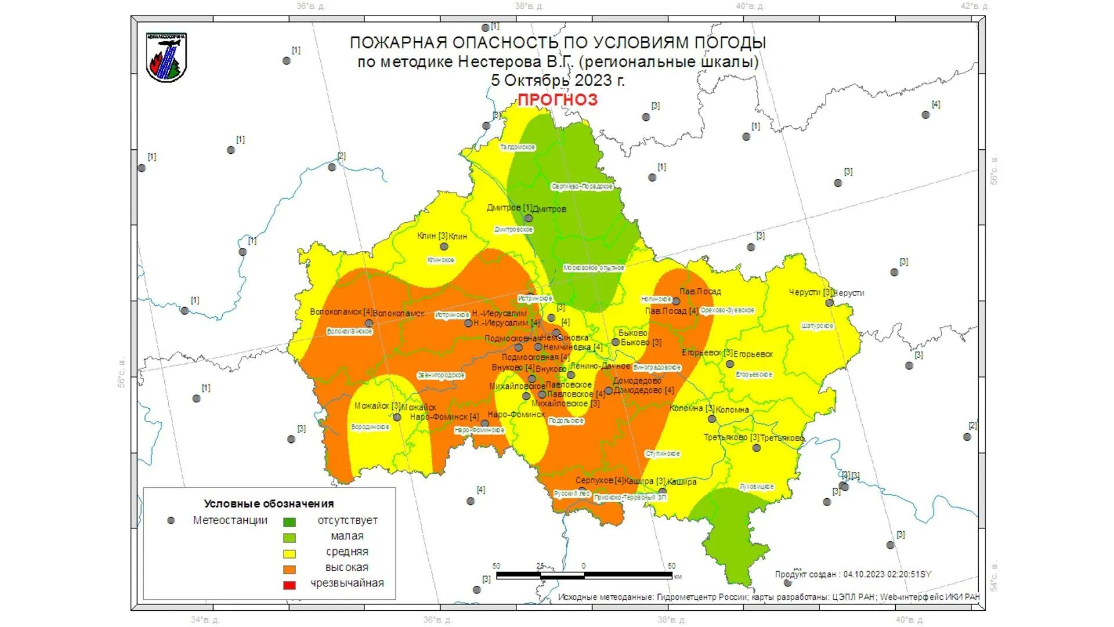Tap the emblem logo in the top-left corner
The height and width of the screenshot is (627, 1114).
coord(167,57)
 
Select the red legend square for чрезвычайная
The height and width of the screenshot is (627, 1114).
coord(289,585)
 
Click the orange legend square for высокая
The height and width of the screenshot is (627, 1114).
coord(289,569)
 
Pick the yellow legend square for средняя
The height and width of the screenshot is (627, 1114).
coord(289,553)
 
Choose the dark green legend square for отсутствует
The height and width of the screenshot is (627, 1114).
coord(289,522)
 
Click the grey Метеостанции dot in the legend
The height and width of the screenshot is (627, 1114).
coord(171,521)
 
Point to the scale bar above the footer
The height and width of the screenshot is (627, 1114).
coord(584,575)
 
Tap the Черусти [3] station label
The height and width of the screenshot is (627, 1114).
coord(810,293)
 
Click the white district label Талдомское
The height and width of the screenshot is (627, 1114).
coord(518,147)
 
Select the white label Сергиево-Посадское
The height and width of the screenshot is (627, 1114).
coord(582,186)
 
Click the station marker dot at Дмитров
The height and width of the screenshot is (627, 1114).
coord(529,218)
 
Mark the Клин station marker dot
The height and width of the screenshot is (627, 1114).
coord(444,246)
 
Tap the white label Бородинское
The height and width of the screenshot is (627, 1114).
coord(370,427)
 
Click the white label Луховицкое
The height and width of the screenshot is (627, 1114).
coord(757,487)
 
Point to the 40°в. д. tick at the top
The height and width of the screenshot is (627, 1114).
coord(750,6)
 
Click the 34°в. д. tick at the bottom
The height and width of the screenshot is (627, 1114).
coord(205,620)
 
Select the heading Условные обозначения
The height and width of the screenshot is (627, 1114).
coord(269,503)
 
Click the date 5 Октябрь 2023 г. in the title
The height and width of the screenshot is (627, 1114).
coord(557,80)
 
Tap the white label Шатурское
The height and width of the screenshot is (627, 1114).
coord(817,326)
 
